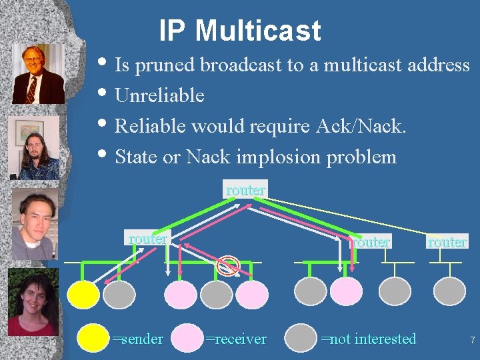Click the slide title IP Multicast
[x=240, y=31]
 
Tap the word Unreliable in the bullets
[x=159, y=96]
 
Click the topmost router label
[x=245, y=190]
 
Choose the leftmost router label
[x=148, y=239]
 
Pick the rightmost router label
[x=447, y=242]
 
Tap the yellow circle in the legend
[x=93, y=339]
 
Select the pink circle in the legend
[x=188, y=339]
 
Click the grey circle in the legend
[x=301, y=339]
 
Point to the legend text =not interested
[x=368, y=339]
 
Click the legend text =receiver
[x=235, y=339]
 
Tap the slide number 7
[x=472, y=341]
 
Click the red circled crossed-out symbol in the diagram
[x=229, y=265]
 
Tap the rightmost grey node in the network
[x=449, y=292]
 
